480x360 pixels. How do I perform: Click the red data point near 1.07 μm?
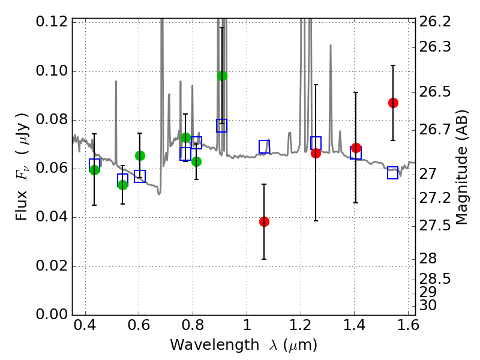click(264, 221)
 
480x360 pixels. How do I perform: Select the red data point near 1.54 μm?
click(393, 103)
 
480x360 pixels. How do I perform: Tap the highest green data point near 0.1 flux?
click(222, 76)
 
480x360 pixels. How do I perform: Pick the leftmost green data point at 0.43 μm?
click(94, 170)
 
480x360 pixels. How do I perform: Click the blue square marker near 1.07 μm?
click(265, 146)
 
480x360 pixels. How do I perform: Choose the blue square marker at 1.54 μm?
click(393, 173)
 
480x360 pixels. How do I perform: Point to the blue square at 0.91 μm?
click(222, 125)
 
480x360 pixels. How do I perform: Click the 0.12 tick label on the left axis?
click(52, 22)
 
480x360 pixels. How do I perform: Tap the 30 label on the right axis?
click(429, 305)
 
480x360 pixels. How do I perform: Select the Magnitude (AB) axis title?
click(461, 167)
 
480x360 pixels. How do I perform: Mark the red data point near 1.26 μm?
click(316, 153)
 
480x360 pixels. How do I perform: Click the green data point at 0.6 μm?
click(140, 155)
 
